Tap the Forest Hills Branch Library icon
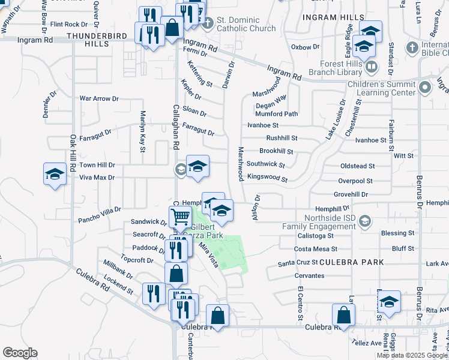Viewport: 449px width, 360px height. tap(372, 67)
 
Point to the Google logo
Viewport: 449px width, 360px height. tap(20, 353)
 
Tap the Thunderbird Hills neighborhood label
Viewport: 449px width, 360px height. tap(97, 40)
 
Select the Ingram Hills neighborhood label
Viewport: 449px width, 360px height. tap(334, 17)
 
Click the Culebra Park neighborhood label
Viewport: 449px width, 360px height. tap(351, 263)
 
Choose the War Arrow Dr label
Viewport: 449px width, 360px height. tap(100, 98)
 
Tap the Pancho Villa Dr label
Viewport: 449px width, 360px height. tap(100, 210)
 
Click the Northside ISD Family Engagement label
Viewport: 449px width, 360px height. tap(330, 223)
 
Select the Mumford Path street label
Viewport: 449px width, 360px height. tap(276, 114)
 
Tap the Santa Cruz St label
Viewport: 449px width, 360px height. tap(298, 264)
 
